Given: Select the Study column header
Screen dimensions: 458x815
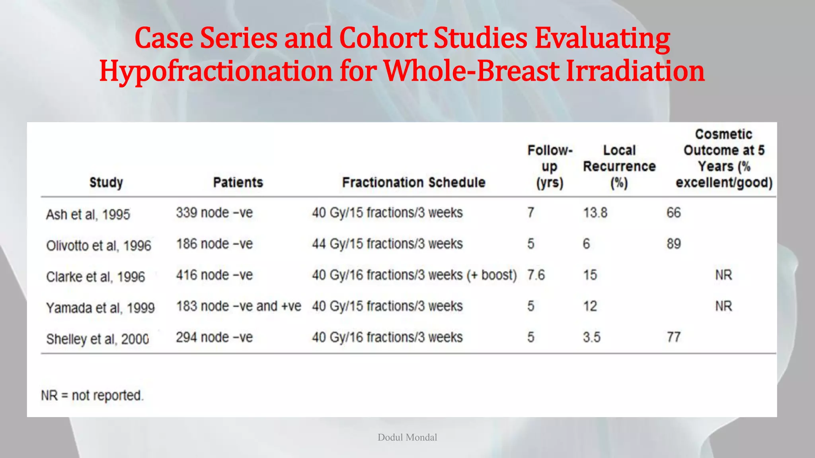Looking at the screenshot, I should pyautogui.click(x=106, y=182).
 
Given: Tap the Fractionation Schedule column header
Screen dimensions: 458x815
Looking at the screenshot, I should pyautogui.click(x=413, y=182).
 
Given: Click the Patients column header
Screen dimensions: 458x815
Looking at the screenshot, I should pyautogui.click(x=238, y=182).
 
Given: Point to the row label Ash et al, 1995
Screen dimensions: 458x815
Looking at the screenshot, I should pyautogui.click(x=88, y=215).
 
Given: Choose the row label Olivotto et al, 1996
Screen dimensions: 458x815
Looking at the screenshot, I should pyautogui.click(x=99, y=246).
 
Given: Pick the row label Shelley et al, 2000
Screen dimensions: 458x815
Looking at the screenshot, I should pyautogui.click(x=97, y=339).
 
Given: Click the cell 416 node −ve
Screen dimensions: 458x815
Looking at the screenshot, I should pyautogui.click(x=214, y=275).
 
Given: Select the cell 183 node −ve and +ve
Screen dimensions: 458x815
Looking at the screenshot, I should pyautogui.click(x=238, y=306).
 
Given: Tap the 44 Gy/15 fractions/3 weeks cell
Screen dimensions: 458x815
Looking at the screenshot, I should pyautogui.click(x=387, y=244).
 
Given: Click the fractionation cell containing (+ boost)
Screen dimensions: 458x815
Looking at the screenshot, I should pyautogui.click(x=414, y=275).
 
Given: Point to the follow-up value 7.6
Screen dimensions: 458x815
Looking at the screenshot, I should pyautogui.click(x=536, y=275).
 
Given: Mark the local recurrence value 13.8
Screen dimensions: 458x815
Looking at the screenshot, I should pyautogui.click(x=595, y=213).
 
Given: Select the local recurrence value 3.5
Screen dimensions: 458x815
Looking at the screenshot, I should pyautogui.click(x=591, y=338).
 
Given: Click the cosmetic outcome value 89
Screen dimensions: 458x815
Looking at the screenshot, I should pyautogui.click(x=674, y=244).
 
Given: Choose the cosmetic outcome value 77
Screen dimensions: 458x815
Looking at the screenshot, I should pyautogui.click(x=674, y=338).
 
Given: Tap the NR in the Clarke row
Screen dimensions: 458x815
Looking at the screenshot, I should pyautogui.click(x=723, y=275).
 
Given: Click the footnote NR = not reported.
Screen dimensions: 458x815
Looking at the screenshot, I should pyautogui.click(x=92, y=396).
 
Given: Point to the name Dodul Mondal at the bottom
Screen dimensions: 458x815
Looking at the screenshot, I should pyautogui.click(x=407, y=437).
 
